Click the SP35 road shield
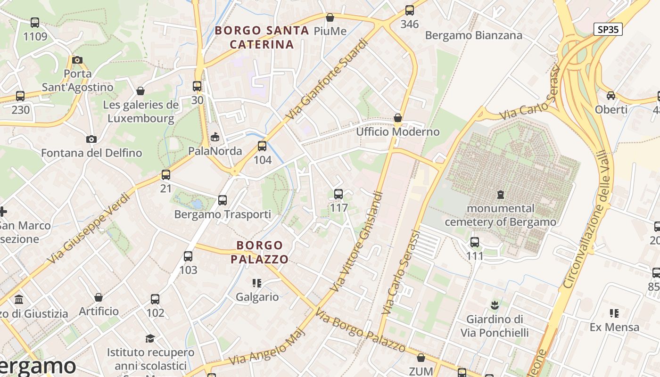point(608,29)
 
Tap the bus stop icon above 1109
point(35,22)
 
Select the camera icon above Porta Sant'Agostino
point(77,60)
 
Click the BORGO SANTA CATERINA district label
point(262,37)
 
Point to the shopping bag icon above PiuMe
point(330,17)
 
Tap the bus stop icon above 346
point(409,10)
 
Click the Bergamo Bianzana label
point(473,35)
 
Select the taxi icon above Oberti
point(611,96)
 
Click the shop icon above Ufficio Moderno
point(398,118)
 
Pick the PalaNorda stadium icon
point(215,137)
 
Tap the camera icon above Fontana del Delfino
point(91,139)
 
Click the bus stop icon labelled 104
point(262,146)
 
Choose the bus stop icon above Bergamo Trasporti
point(223,200)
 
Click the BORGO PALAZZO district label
point(259,252)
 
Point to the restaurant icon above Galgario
point(257,283)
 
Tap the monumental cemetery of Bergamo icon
point(500,194)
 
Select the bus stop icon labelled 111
point(475,242)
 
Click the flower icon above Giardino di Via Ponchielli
point(494,305)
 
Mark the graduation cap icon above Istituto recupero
point(150,338)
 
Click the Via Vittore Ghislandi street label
point(356,241)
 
